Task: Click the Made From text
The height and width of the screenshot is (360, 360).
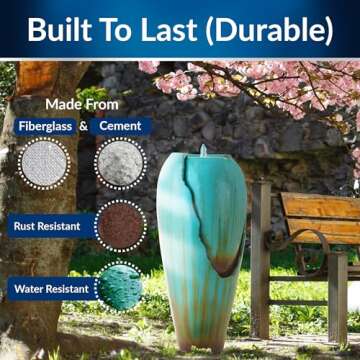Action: coord(81,104)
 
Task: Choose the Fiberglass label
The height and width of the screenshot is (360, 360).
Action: coord(44,126)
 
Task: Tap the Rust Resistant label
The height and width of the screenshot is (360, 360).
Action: coord(47,226)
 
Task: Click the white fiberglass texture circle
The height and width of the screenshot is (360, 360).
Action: coord(44,162)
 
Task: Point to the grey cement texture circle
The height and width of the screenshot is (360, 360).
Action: coord(119,162)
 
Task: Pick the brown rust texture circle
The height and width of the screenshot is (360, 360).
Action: coord(119,225)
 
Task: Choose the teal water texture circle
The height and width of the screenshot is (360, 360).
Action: coord(119,286)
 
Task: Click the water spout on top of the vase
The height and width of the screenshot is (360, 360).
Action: coord(203,151)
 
